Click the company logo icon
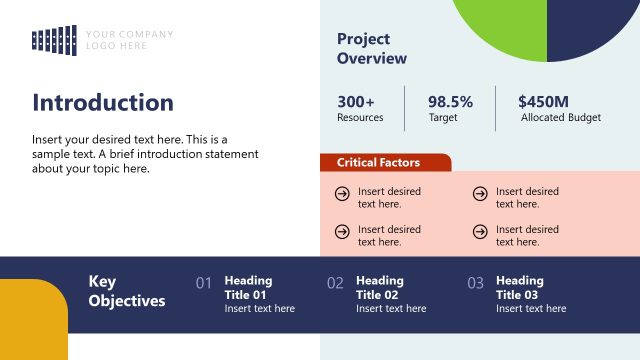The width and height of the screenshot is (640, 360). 55,39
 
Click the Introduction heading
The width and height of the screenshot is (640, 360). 103,103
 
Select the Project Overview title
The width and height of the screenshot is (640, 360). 372,49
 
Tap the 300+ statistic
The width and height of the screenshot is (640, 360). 356,101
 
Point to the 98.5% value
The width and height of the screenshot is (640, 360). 450,101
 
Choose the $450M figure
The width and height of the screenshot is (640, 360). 543,101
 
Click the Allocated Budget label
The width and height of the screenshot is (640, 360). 561,118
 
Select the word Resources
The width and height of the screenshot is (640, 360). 360,118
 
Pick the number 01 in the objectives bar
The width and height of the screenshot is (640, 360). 204,284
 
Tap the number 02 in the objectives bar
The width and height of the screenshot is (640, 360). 335,284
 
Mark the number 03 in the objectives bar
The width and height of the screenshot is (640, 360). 475,284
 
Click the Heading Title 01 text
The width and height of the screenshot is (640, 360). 246,288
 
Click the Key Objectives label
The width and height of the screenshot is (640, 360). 127,291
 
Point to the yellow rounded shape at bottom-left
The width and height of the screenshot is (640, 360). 32,320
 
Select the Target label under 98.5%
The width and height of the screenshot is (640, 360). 444,118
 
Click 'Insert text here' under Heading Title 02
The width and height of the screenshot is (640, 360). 391,309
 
